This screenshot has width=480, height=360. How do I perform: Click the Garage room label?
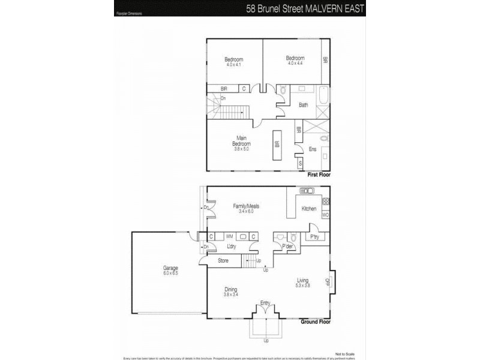tap(170, 268)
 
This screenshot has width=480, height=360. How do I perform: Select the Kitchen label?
tap(309, 208)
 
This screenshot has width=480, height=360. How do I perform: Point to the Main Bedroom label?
tap(241, 141)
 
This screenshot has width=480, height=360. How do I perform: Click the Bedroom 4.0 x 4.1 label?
tap(233, 59)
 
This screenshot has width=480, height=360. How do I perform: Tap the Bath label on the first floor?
tap(304, 106)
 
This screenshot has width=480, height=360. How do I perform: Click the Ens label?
tap(312, 149)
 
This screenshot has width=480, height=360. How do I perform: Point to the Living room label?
tap(303, 280)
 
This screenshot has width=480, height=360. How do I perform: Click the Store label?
tap(224, 260)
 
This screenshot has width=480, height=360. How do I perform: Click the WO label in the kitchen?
tap(326, 214)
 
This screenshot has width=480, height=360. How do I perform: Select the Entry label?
tap(265, 302)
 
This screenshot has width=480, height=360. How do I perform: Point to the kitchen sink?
tap(307, 191)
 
